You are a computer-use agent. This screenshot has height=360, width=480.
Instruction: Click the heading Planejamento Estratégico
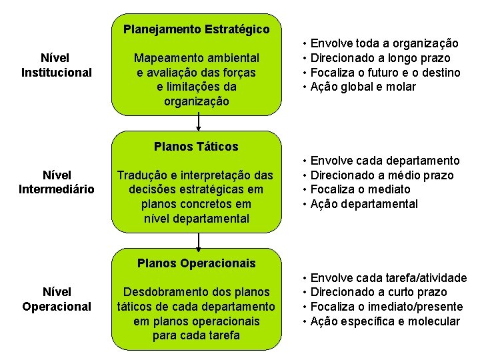[197, 29]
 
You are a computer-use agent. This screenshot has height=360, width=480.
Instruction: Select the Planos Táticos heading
[196, 147]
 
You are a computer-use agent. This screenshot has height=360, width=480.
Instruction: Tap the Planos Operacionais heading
[196, 263]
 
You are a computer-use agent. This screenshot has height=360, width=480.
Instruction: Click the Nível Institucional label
[57, 65]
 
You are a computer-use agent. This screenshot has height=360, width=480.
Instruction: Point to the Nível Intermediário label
[57, 183]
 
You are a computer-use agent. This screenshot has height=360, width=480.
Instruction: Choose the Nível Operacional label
[57, 299]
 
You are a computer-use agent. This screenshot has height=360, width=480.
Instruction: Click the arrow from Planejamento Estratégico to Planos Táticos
[198, 122]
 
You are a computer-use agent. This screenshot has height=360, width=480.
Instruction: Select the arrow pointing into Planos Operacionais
[198, 239]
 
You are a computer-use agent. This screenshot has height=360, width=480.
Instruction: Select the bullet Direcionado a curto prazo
[380, 292]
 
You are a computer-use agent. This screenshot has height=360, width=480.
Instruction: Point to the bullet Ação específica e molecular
[385, 321]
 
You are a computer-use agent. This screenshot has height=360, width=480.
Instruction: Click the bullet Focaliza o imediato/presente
[387, 307]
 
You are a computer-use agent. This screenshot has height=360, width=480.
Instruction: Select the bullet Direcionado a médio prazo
[382, 175]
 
